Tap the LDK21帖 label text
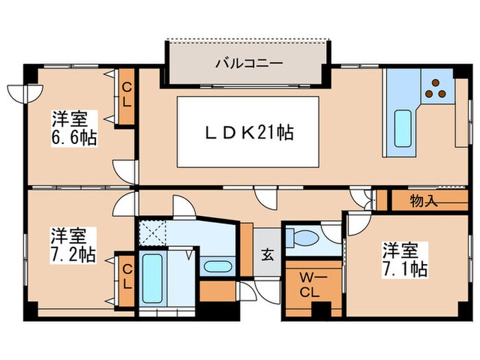point(249,132)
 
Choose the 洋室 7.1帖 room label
point(405,259)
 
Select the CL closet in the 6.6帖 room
point(127,96)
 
